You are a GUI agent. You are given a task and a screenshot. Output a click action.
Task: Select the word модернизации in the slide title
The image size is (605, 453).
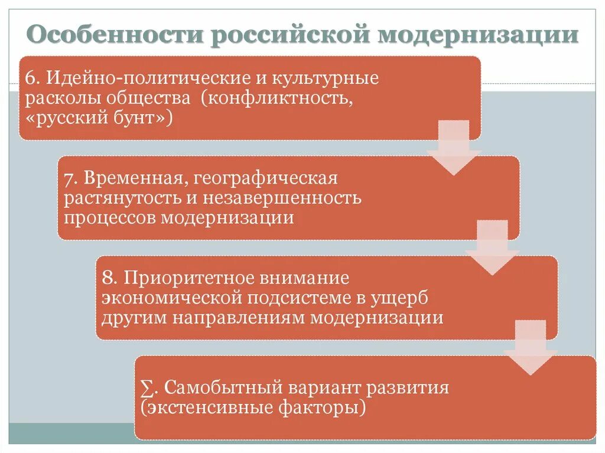coord(479,35)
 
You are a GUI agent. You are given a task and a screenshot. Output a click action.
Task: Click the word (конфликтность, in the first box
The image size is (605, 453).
coord(277,98)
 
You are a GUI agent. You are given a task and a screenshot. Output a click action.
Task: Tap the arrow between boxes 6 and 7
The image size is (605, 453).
coord(454,148)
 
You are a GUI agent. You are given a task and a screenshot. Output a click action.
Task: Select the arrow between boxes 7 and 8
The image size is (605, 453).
coord(492,248)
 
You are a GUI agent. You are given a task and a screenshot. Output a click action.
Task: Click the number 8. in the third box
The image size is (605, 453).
coord(110,278)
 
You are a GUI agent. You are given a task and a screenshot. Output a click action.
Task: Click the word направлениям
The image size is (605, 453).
coord(240,317)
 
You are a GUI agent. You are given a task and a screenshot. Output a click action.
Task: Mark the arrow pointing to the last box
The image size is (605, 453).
coord(531,348)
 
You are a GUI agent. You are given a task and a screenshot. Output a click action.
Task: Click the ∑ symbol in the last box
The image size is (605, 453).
coord(147,389)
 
